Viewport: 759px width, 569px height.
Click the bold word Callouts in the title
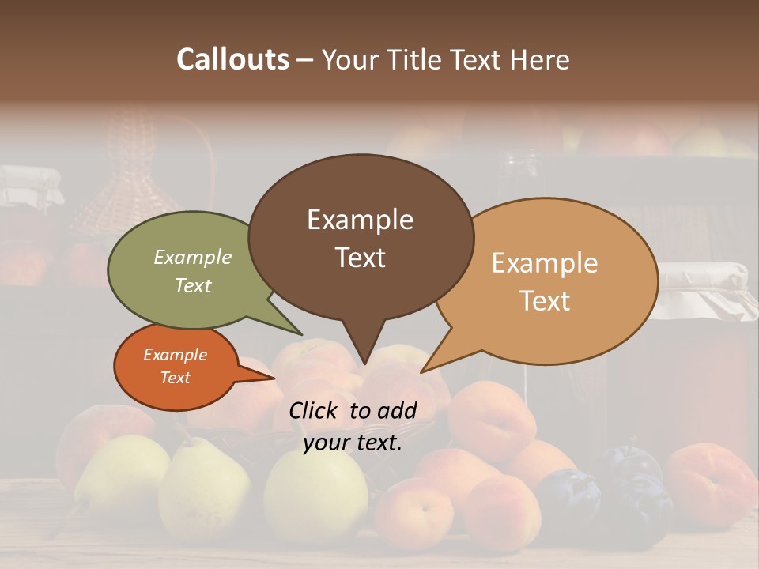[232, 59]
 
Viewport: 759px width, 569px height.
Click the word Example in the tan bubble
[545, 263]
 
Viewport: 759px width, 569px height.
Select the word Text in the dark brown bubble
[361, 258]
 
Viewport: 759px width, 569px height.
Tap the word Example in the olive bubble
[193, 257]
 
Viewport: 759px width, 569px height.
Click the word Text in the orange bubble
[176, 378]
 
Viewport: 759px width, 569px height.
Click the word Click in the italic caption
[314, 410]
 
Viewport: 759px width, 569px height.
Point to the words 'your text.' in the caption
[353, 443]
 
